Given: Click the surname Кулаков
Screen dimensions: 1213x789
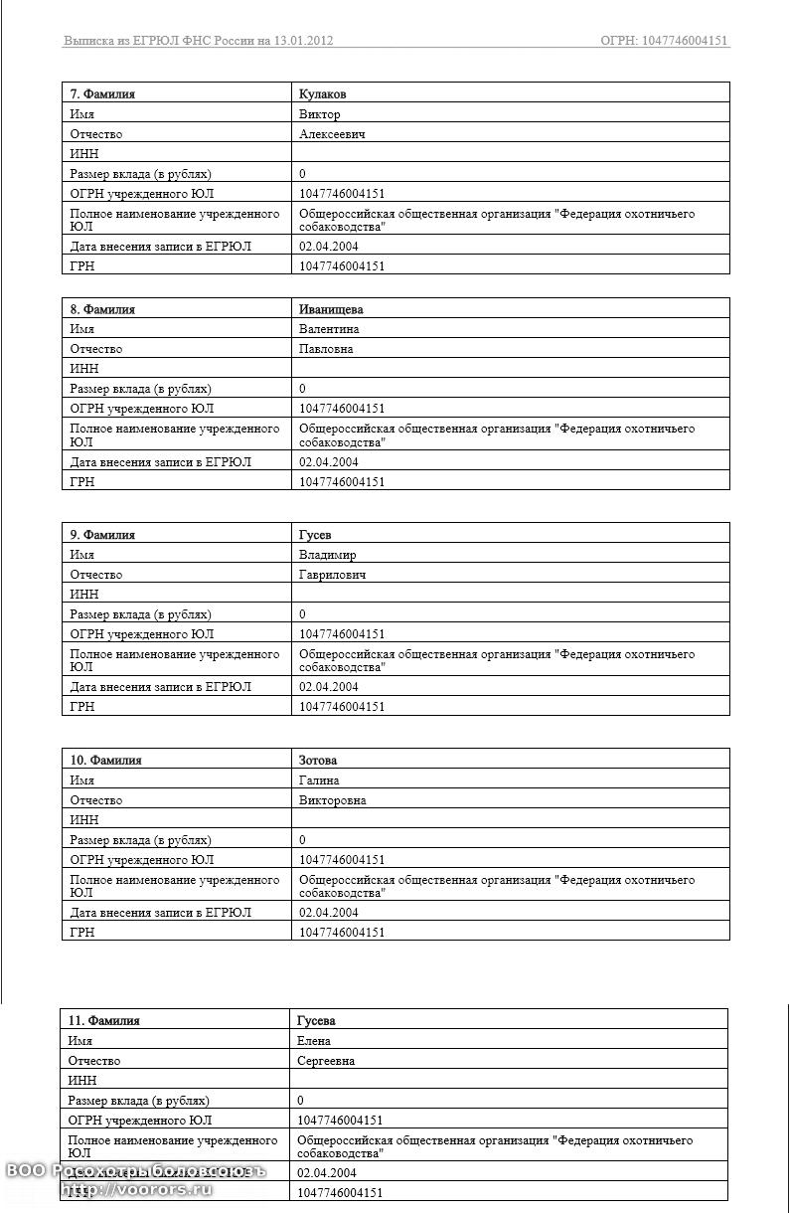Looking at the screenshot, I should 322,93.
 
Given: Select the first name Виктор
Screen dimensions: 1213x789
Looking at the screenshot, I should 319,114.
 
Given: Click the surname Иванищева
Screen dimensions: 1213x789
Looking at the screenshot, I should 331,309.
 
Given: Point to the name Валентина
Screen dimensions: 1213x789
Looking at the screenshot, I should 329,329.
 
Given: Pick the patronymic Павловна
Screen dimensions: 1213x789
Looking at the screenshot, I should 326,349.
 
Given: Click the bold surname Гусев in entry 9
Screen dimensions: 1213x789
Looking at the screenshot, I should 315,535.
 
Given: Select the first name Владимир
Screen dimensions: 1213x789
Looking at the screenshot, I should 327,555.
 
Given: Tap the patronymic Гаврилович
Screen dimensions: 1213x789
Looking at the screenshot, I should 333,575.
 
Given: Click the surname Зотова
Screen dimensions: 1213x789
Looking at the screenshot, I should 318,761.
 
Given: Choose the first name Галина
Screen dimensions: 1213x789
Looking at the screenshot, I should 319,780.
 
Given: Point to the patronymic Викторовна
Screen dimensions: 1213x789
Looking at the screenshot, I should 332,800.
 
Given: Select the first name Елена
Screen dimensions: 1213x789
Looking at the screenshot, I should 314,1041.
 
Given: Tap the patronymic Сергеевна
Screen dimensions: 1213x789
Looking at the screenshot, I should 326,1061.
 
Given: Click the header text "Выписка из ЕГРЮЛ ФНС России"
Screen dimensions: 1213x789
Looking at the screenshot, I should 158,41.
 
